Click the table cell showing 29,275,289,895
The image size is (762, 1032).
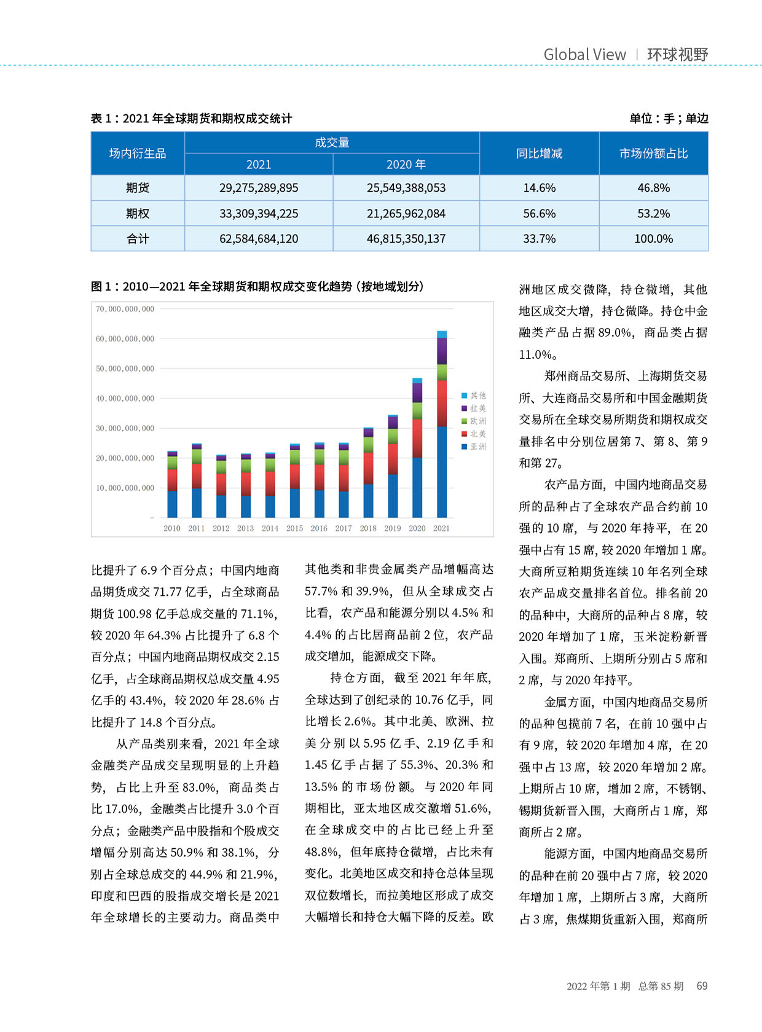[259, 188]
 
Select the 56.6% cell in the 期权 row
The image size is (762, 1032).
[539, 214]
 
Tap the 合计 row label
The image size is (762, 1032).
[138, 239]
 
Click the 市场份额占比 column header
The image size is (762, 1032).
[653, 154]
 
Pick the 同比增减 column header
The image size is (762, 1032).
[539, 154]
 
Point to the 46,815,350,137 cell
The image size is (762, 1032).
[406, 239]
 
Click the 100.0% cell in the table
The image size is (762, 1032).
[653, 239]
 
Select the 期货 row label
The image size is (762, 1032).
[138, 188]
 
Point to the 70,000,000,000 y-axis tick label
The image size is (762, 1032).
[125, 309]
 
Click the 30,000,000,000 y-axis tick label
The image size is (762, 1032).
[125, 428]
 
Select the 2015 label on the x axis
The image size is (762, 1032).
[294, 528]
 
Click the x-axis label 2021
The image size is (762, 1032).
[441, 528]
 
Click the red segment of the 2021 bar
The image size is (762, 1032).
[442, 403]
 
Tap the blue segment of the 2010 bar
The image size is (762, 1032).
[172, 504]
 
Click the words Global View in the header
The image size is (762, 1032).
[584, 55]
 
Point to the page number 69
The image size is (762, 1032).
[702, 986]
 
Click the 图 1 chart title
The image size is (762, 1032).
[257, 287]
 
